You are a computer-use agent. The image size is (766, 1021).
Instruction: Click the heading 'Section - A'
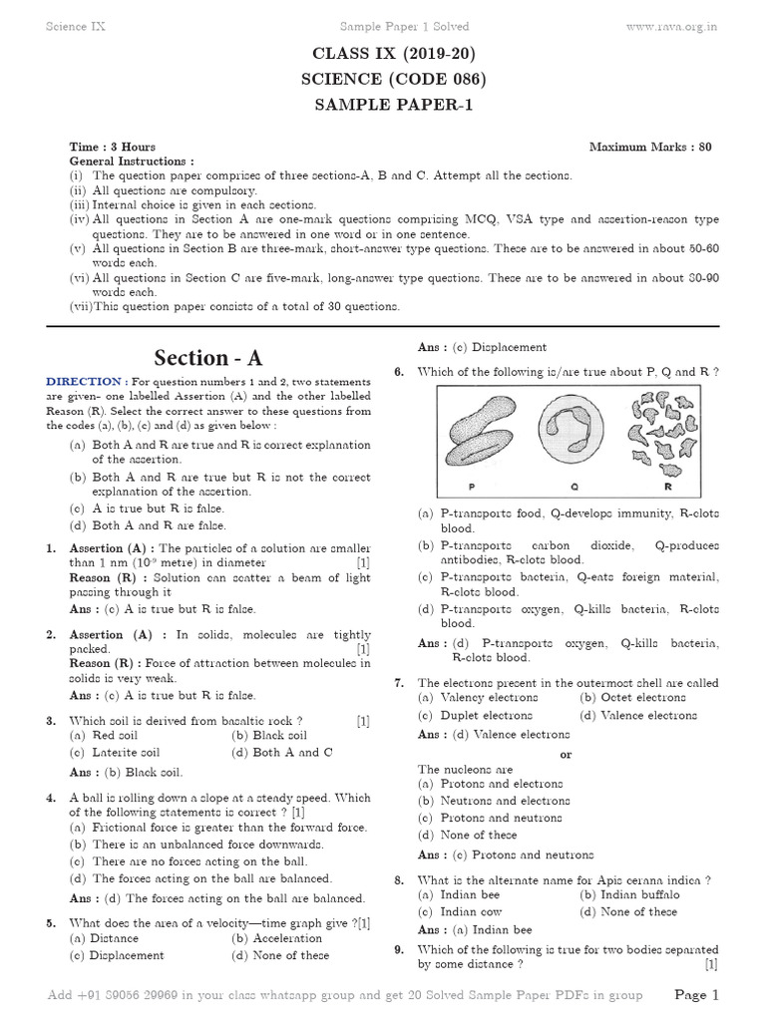click(207, 358)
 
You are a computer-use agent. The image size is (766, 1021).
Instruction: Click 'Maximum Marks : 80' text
click(650, 147)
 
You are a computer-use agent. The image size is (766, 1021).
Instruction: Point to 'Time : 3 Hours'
click(112, 147)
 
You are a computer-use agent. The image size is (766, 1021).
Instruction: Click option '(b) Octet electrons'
click(632, 698)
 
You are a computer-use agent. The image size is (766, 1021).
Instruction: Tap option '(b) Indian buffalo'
click(633, 895)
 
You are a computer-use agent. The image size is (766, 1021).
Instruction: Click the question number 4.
click(50, 799)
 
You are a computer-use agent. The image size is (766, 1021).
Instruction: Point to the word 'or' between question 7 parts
click(567, 755)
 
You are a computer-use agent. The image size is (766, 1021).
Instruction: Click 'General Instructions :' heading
click(131, 161)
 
